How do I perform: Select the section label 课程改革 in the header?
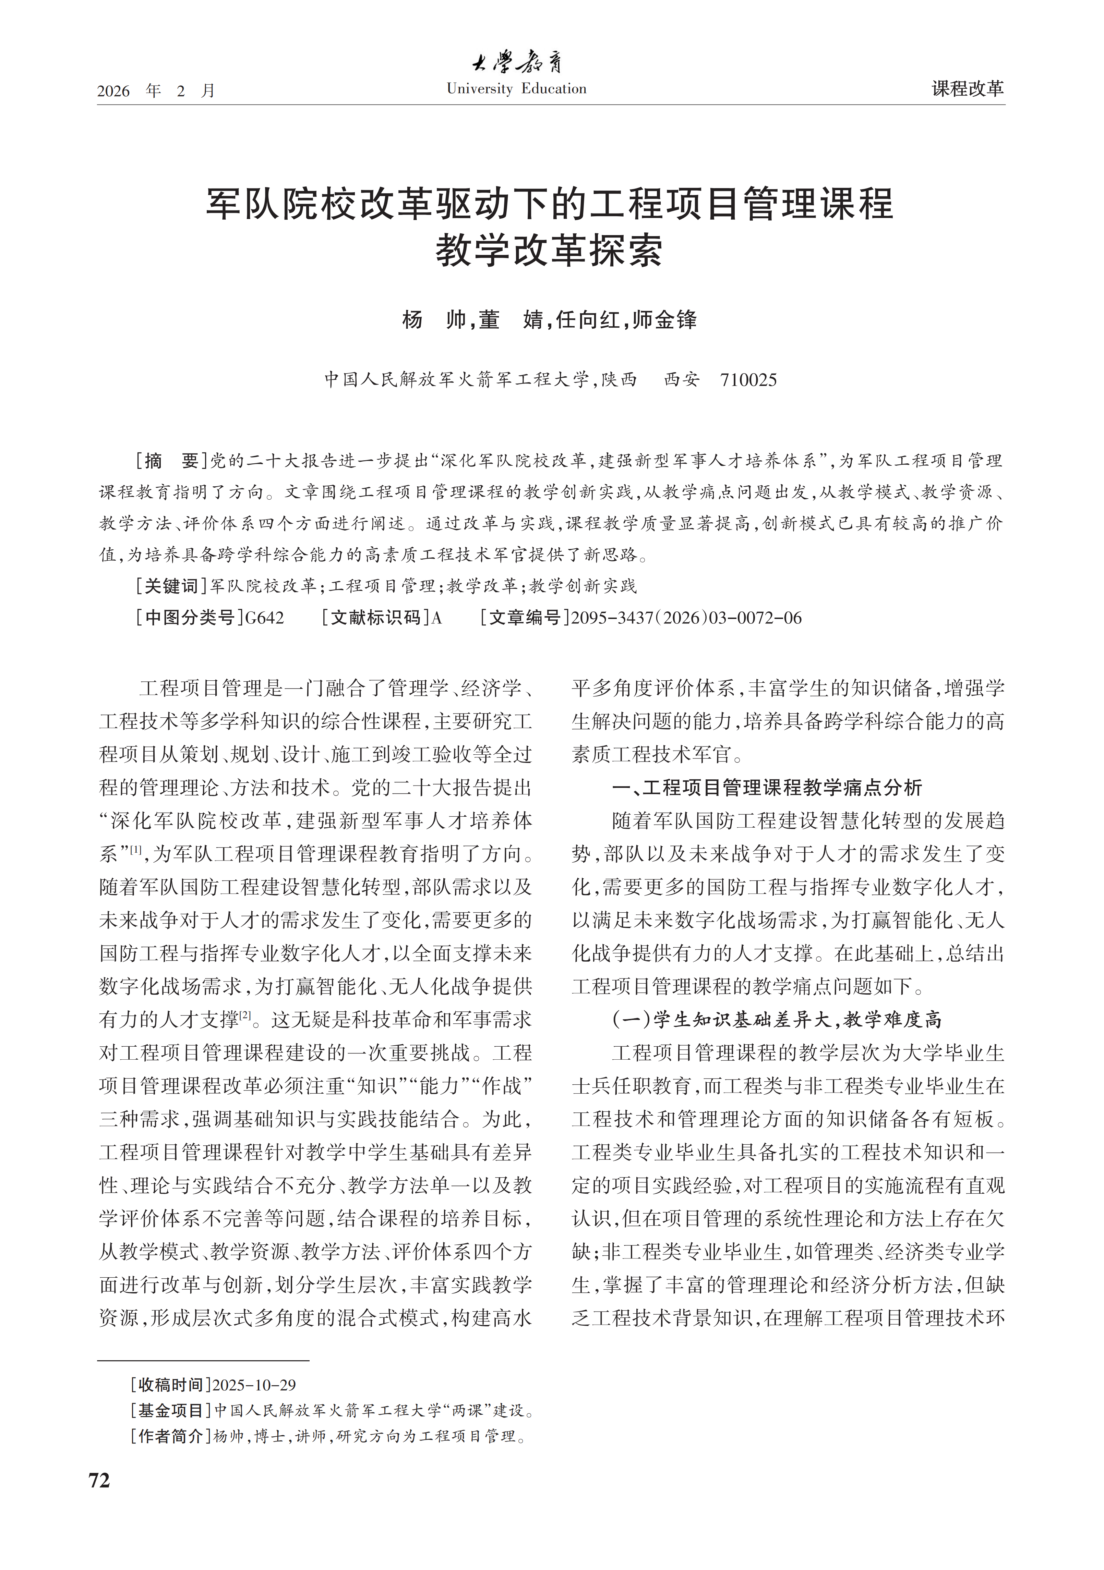967,88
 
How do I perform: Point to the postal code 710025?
748,380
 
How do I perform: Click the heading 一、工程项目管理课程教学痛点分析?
766,788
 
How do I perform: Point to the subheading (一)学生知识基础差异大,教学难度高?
776,1020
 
